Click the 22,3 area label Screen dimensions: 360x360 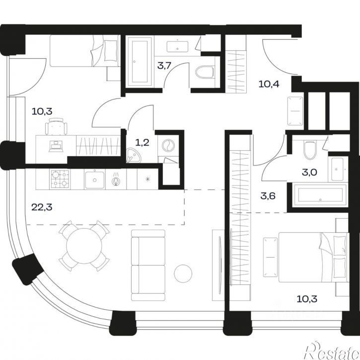tap(42, 207)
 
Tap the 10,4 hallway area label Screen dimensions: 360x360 tap(269, 84)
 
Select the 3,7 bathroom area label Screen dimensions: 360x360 tap(164, 66)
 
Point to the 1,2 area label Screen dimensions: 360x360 tap(143, 143)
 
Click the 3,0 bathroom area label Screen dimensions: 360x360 tap(309, 172)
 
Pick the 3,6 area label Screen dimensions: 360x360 tap(268, 196)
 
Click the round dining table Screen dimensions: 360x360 tap(84, 246)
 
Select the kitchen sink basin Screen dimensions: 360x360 tap(94, 180)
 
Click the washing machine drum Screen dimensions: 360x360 tap(168, 146)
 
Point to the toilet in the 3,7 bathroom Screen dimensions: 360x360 tap(205, 72)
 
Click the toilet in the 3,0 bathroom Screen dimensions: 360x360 tap(310, 150)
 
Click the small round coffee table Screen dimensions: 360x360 tap(183, 273)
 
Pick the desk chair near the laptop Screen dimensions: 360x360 tap(56, 126)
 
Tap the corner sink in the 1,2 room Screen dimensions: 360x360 tap(134, 156)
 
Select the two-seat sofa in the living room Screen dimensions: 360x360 tap(148, 266)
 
